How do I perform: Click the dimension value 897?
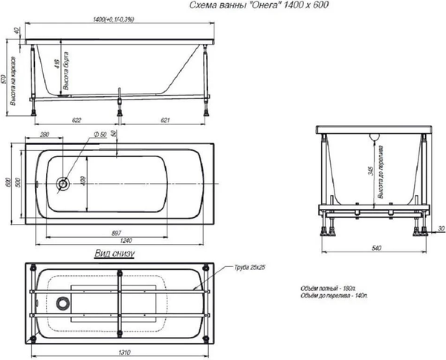tap(117, 234)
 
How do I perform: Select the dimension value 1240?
tap(117, 243)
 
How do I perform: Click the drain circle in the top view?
tap(64, 182)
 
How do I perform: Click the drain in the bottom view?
tap(63, 303)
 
